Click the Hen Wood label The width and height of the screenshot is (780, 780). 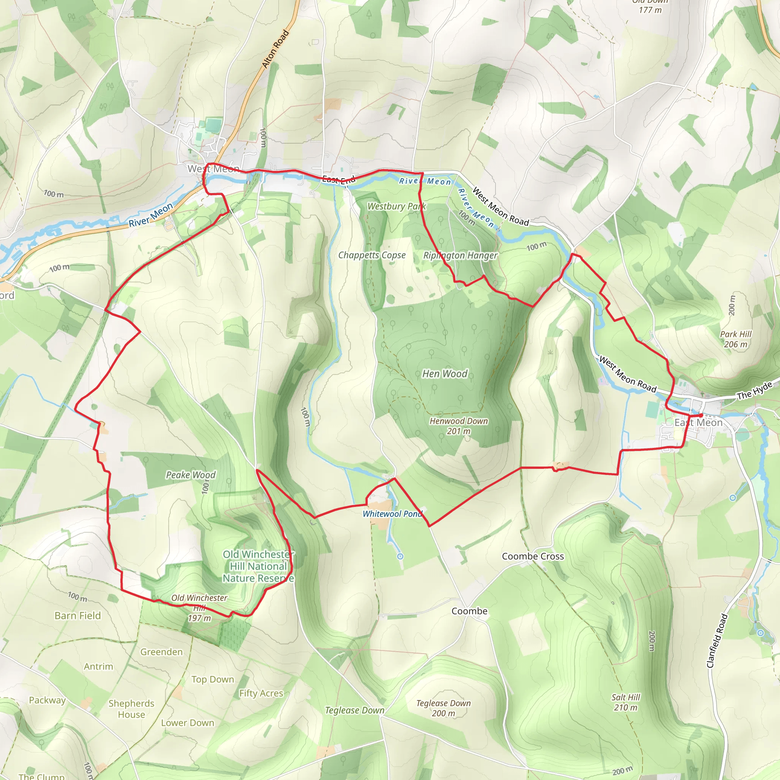(x=444, y=374)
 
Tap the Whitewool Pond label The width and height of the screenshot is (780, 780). (x=392, y=514)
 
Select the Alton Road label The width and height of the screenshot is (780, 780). (x=275, y=48)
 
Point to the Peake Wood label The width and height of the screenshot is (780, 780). (x=190, y=475)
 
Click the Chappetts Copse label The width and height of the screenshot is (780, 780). (x=372, y=255)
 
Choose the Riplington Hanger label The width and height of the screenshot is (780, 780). (x=460, y=256)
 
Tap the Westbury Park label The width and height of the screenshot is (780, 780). (x=396, y=206)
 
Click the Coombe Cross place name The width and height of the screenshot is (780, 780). (x=532, y=556)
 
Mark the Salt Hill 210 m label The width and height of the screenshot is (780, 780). (x=625, y=702)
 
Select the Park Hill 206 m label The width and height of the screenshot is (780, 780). (x=735, y=339)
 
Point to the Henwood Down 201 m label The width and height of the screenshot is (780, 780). (x=459, y=426)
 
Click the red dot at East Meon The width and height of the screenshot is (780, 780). (x=701, y=415)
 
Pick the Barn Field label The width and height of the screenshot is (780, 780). (x=78, y=616)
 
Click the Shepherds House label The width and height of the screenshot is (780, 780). (x=131, y=709)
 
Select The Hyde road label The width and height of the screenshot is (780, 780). (x=754, y=390)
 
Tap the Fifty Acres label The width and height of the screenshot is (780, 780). (x=261, y=693)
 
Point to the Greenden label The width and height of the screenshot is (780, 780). (x=161, y=652)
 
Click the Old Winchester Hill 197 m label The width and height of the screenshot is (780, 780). (x=199, y=608)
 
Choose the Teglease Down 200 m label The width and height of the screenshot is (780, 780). (x=443, y=708)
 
